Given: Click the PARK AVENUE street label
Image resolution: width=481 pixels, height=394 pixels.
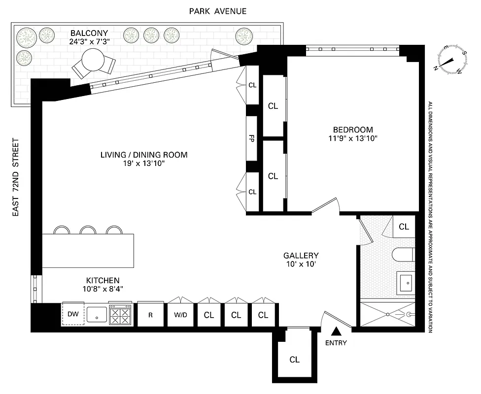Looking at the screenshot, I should pos(218,11).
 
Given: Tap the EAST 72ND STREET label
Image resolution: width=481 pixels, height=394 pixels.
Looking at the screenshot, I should pos(16,177).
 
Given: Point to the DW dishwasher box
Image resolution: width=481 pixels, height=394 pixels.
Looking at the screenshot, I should pos(72,314).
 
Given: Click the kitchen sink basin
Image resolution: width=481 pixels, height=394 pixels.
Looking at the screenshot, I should pos(97,314).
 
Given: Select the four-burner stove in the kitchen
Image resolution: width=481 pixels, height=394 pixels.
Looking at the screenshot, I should pos(120,314).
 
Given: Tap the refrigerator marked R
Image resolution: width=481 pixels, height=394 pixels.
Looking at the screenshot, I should pos(150,315).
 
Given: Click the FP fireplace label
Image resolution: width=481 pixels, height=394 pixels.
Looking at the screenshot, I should pos(252,138).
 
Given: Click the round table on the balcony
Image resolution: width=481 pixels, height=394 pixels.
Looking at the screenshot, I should pos(94,61).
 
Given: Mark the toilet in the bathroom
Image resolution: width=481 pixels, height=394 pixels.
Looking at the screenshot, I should pos(403,255).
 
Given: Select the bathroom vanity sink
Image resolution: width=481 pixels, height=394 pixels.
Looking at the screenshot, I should pos(407,283).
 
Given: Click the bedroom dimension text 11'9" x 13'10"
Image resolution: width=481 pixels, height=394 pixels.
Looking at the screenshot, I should pos(352,138).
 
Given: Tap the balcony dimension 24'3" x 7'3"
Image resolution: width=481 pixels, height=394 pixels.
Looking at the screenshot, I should pos(89,42).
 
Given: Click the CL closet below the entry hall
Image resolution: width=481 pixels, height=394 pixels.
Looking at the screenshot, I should pos(294,360).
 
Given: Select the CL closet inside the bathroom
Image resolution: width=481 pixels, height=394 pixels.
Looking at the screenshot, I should pos(404,227).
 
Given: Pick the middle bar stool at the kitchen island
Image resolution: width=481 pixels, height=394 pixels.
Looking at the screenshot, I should pos(88,230).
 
